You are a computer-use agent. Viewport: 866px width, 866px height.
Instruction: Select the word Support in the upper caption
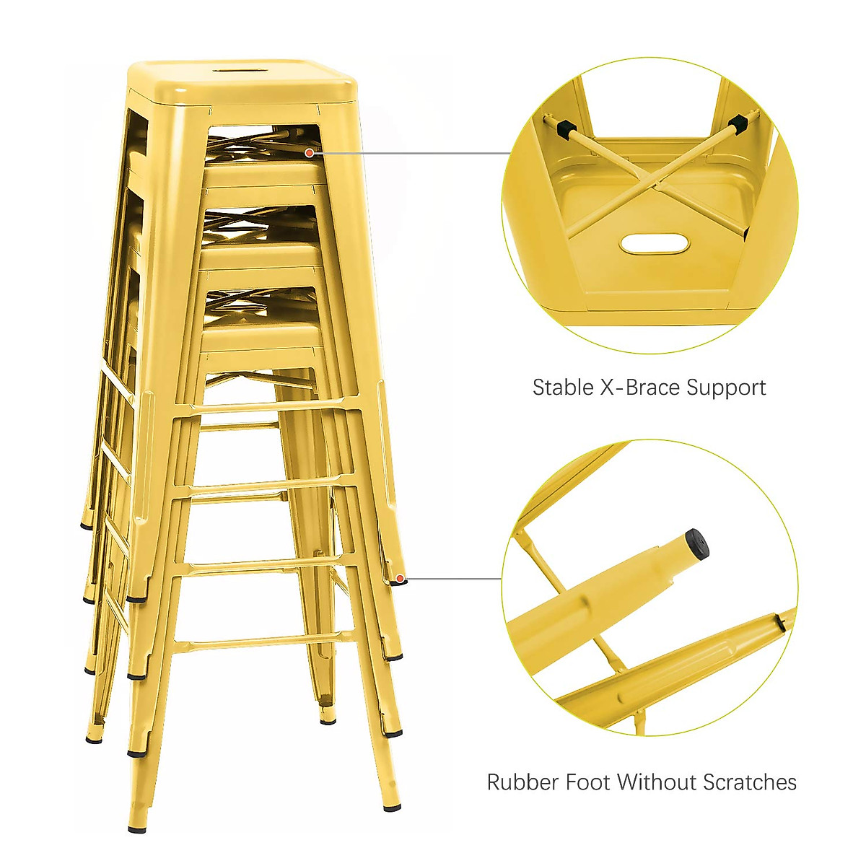coord(726,388)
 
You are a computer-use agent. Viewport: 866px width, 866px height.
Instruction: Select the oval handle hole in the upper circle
coord(649,244)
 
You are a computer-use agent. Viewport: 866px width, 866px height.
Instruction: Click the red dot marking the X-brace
coord(310,152)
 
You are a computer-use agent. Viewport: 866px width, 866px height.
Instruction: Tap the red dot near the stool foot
coord(399,578)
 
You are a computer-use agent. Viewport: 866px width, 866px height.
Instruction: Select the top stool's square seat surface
coord(242,81)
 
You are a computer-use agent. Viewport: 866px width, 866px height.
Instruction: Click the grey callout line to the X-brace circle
coord(411,153)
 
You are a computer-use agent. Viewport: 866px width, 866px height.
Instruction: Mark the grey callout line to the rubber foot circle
coord(451,579)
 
